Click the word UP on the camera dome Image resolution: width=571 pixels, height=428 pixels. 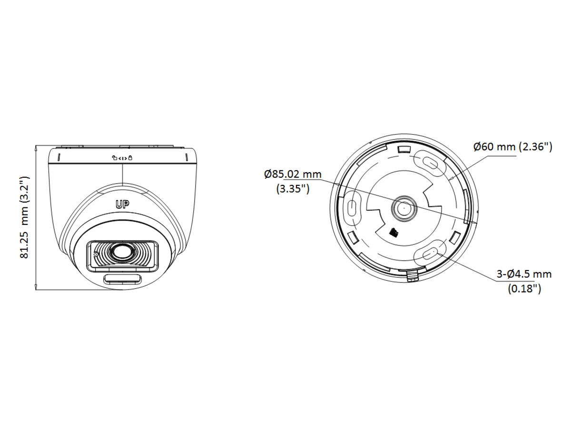click(122, 205)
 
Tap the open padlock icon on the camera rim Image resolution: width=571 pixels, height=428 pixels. click(114, 158)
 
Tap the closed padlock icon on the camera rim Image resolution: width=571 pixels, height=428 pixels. click(130, 158)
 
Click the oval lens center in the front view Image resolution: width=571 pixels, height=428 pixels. click(122, 252)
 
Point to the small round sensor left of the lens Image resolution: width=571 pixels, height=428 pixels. click(96, 254)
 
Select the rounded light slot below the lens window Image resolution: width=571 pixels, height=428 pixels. click(122, 280)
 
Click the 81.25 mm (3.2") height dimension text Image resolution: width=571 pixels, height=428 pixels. click(25, 217)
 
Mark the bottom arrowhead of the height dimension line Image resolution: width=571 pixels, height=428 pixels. click(36, 286)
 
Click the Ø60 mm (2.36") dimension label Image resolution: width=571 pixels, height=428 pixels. click(513, 147)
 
